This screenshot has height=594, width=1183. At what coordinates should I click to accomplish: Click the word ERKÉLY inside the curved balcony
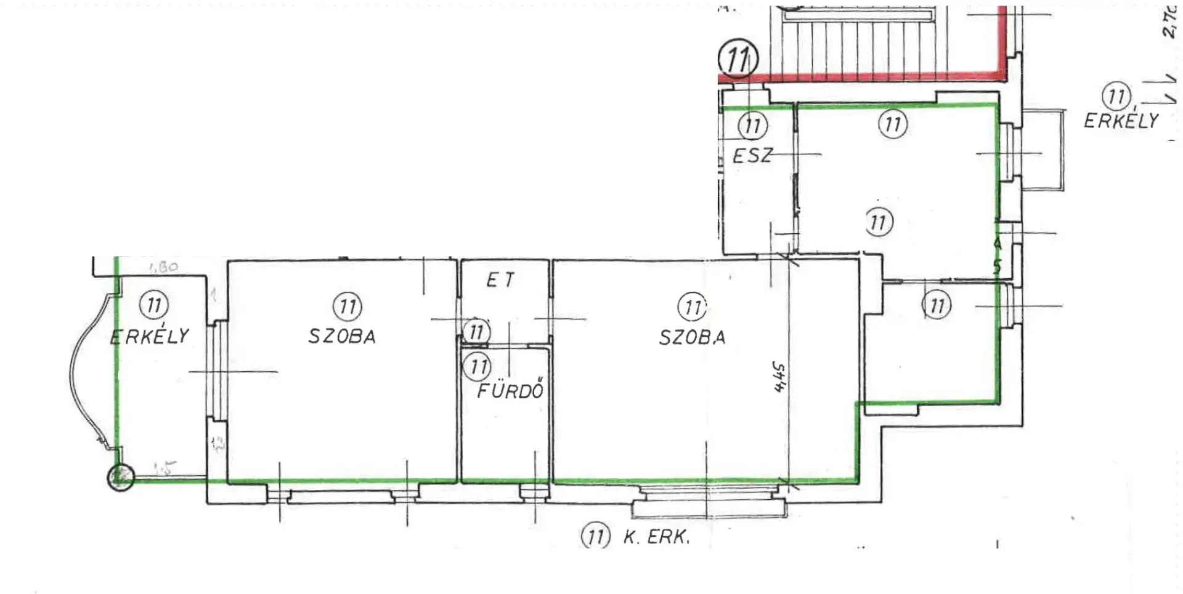(150, 336)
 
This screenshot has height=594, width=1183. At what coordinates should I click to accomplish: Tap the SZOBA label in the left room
(342, 336)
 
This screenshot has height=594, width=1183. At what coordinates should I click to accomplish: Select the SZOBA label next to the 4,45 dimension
(692, 337)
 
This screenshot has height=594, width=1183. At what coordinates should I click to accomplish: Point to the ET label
(500, 281)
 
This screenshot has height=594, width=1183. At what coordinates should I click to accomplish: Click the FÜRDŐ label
(511, 390)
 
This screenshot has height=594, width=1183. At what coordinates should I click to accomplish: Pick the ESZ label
(752, 155)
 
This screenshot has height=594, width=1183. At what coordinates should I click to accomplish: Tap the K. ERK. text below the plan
(656, 537)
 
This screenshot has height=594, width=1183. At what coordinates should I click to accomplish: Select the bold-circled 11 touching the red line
(738, 58)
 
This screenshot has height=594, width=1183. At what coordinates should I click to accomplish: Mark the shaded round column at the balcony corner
(121, 477)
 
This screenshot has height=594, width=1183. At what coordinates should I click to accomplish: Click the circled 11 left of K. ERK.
(595, 536)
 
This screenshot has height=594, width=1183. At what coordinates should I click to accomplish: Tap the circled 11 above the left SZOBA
(348, 306)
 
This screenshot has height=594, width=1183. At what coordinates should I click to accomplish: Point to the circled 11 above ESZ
(752, 126)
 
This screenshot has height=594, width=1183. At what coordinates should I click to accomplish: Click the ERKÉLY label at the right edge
(1121, 121)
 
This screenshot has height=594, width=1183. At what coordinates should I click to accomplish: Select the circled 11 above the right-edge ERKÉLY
(1116, 96)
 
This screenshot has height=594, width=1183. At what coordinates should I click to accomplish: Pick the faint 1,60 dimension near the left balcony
(163, 267)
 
